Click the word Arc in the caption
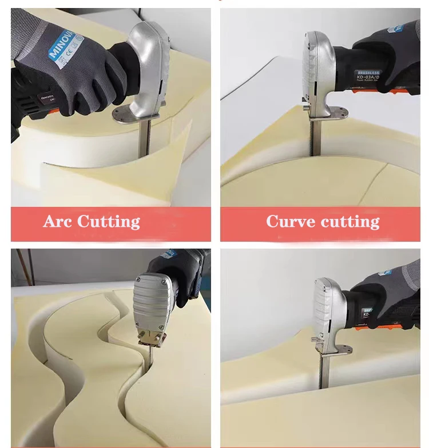pos(58,221)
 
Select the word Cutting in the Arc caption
pos(108,222)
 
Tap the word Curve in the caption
pos(289,221)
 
